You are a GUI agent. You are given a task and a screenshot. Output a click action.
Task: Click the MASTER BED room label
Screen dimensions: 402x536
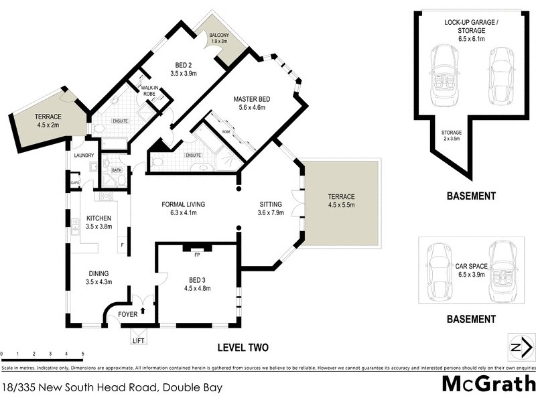250,99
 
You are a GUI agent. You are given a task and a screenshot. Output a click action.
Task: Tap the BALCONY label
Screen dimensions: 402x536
220,36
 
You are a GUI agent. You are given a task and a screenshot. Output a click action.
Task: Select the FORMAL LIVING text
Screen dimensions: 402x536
183,204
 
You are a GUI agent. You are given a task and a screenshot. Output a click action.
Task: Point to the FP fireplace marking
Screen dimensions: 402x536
198,255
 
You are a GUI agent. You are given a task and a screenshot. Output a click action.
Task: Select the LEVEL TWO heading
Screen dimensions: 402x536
243,347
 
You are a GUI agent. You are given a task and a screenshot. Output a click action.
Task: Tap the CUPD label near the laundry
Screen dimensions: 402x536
75,182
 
